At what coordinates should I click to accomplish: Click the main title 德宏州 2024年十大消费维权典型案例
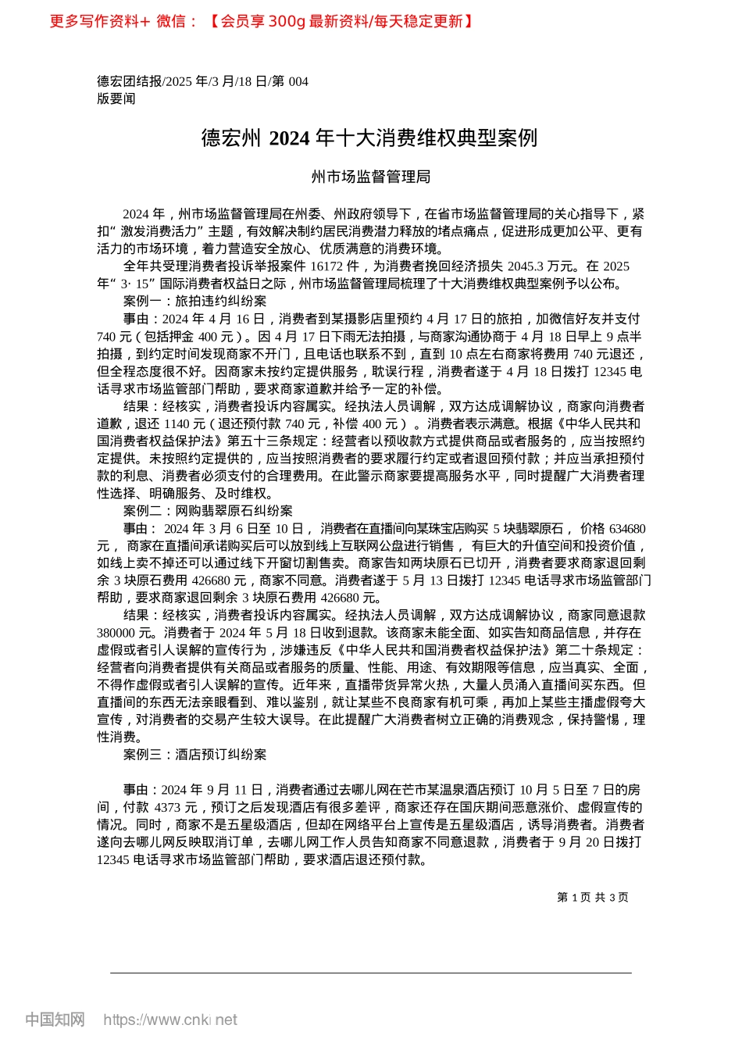(x=369, y=138)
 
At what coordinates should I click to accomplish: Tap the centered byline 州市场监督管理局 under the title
(x=371, y=177)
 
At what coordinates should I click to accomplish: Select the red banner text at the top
(x=262, y=21)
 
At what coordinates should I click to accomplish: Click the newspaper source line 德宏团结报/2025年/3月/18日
(x=202, y=81)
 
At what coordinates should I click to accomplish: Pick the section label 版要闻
(x=116, y=98)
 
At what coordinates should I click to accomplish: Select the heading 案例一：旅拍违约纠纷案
(x=194, y=301)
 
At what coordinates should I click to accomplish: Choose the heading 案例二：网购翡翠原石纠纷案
(x=208, y=511)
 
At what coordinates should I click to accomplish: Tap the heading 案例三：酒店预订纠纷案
(x=194, y=755)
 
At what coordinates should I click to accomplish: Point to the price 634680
(x=626, y=529)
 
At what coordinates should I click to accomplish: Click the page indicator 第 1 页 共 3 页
(x=592, y=898)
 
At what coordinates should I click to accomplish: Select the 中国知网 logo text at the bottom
(x=55, y=1020)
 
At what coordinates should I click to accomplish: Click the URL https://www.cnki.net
(x=170, y=1020)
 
